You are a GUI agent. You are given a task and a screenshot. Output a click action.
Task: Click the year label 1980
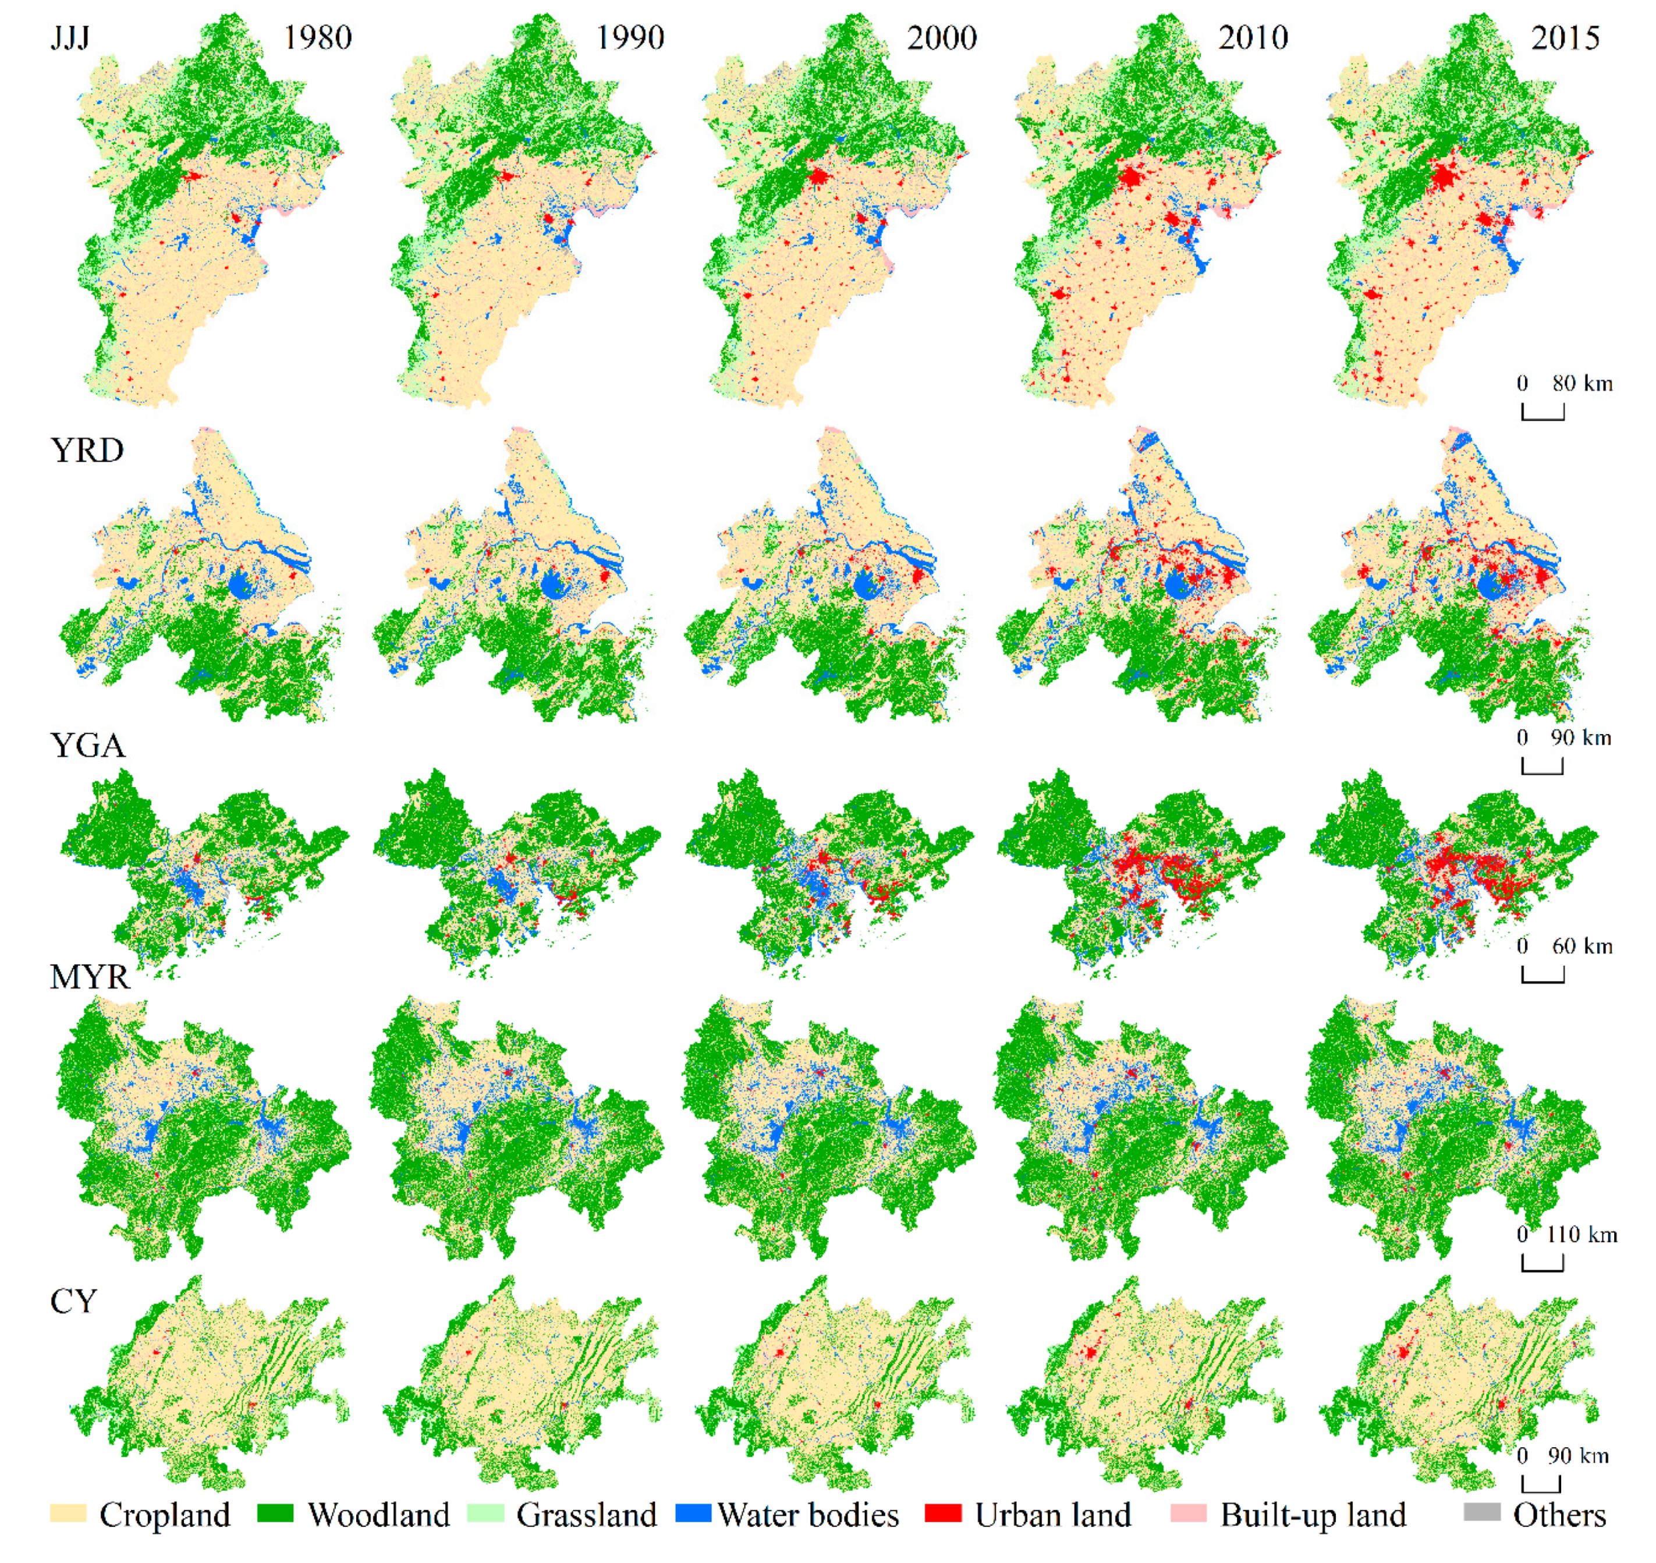pyautogui.click(x=317, y=37)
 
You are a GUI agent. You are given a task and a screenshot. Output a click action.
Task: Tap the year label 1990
pyautogui.click(x=630, y=37)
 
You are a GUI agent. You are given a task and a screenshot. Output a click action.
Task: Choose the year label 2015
pyautogui.click(x=1565, y=37)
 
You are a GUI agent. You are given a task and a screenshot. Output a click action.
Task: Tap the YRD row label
pyautogui.click(x=87, y=451)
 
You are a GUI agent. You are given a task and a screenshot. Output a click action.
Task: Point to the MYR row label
pyautogui.click(x=90, y=976)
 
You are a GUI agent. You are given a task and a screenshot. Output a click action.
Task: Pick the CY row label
pyautogui.click(x=73, y=1302)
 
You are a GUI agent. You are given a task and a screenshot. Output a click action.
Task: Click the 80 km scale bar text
pyautogui.click(x=1582, y=384)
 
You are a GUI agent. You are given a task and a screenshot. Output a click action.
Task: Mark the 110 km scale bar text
pyautogui.click(x=1581, y=1235)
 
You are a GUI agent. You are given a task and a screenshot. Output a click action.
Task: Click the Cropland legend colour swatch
pyautogui.click(x=68, y=1513)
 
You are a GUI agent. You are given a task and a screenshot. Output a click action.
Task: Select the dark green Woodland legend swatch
pyautogui.click(x=275, y=1513)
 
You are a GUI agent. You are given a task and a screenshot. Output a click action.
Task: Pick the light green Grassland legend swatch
pyautogui.click(x=485, y=1513)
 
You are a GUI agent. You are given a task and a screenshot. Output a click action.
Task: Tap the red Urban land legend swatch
pyautogui.click(x=943, y=1513)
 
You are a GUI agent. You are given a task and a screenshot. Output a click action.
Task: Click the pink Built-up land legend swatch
pyautogui.click(x=1188, y=1513)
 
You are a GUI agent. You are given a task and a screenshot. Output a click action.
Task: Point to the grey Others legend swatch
pyautogui.click(x=1482, y=1512)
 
